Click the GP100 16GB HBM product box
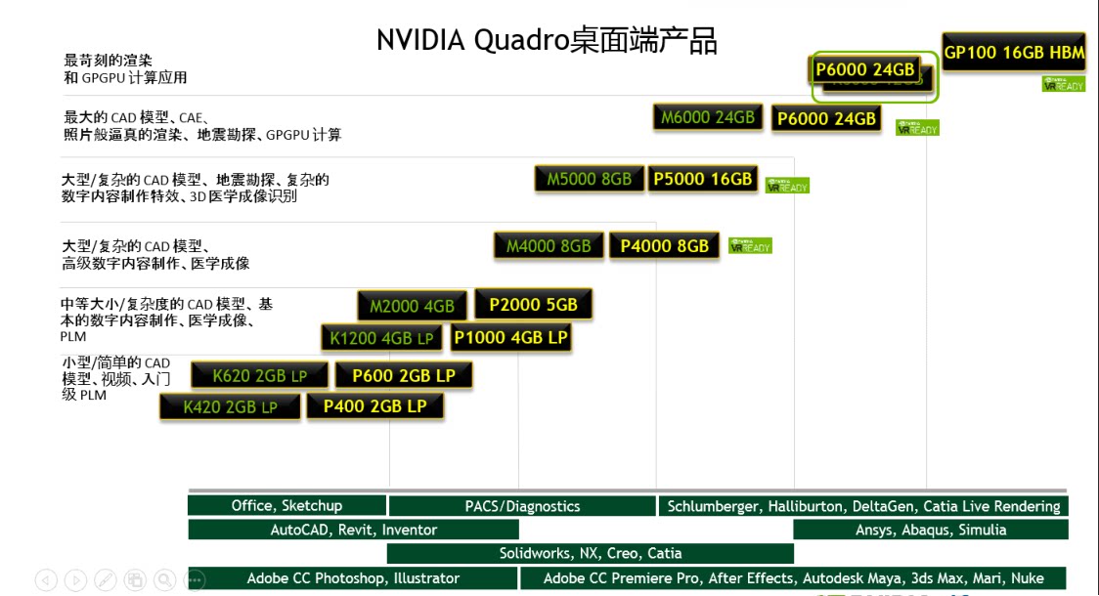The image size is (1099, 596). click(1014, 53)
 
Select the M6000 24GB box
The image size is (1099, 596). click(708, 117)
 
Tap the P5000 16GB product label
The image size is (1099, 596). click(703, 179)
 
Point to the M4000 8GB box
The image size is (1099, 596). click(549, 246)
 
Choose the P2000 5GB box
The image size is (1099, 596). click(533, 305)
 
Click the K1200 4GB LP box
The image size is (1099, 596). click(382, 338)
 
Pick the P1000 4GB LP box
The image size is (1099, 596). click(510, 338)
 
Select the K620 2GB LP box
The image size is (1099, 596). click(259, 375)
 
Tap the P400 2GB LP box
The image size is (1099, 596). click(375, 406)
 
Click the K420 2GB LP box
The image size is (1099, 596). click(230, 407)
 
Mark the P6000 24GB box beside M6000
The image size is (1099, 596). click(826, 118)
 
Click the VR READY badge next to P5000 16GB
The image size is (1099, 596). click(787, 185)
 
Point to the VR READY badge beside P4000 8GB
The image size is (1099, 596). click(750, 246)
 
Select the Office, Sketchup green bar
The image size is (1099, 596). click(286, 505)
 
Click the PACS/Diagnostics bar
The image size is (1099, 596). click(522, 506)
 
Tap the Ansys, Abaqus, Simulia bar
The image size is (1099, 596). click(930, 530)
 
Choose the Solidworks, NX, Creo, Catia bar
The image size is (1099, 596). click(590, 553)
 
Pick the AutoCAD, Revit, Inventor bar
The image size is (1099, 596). click(353, 530)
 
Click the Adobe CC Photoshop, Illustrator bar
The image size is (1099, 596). click(352, 577)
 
